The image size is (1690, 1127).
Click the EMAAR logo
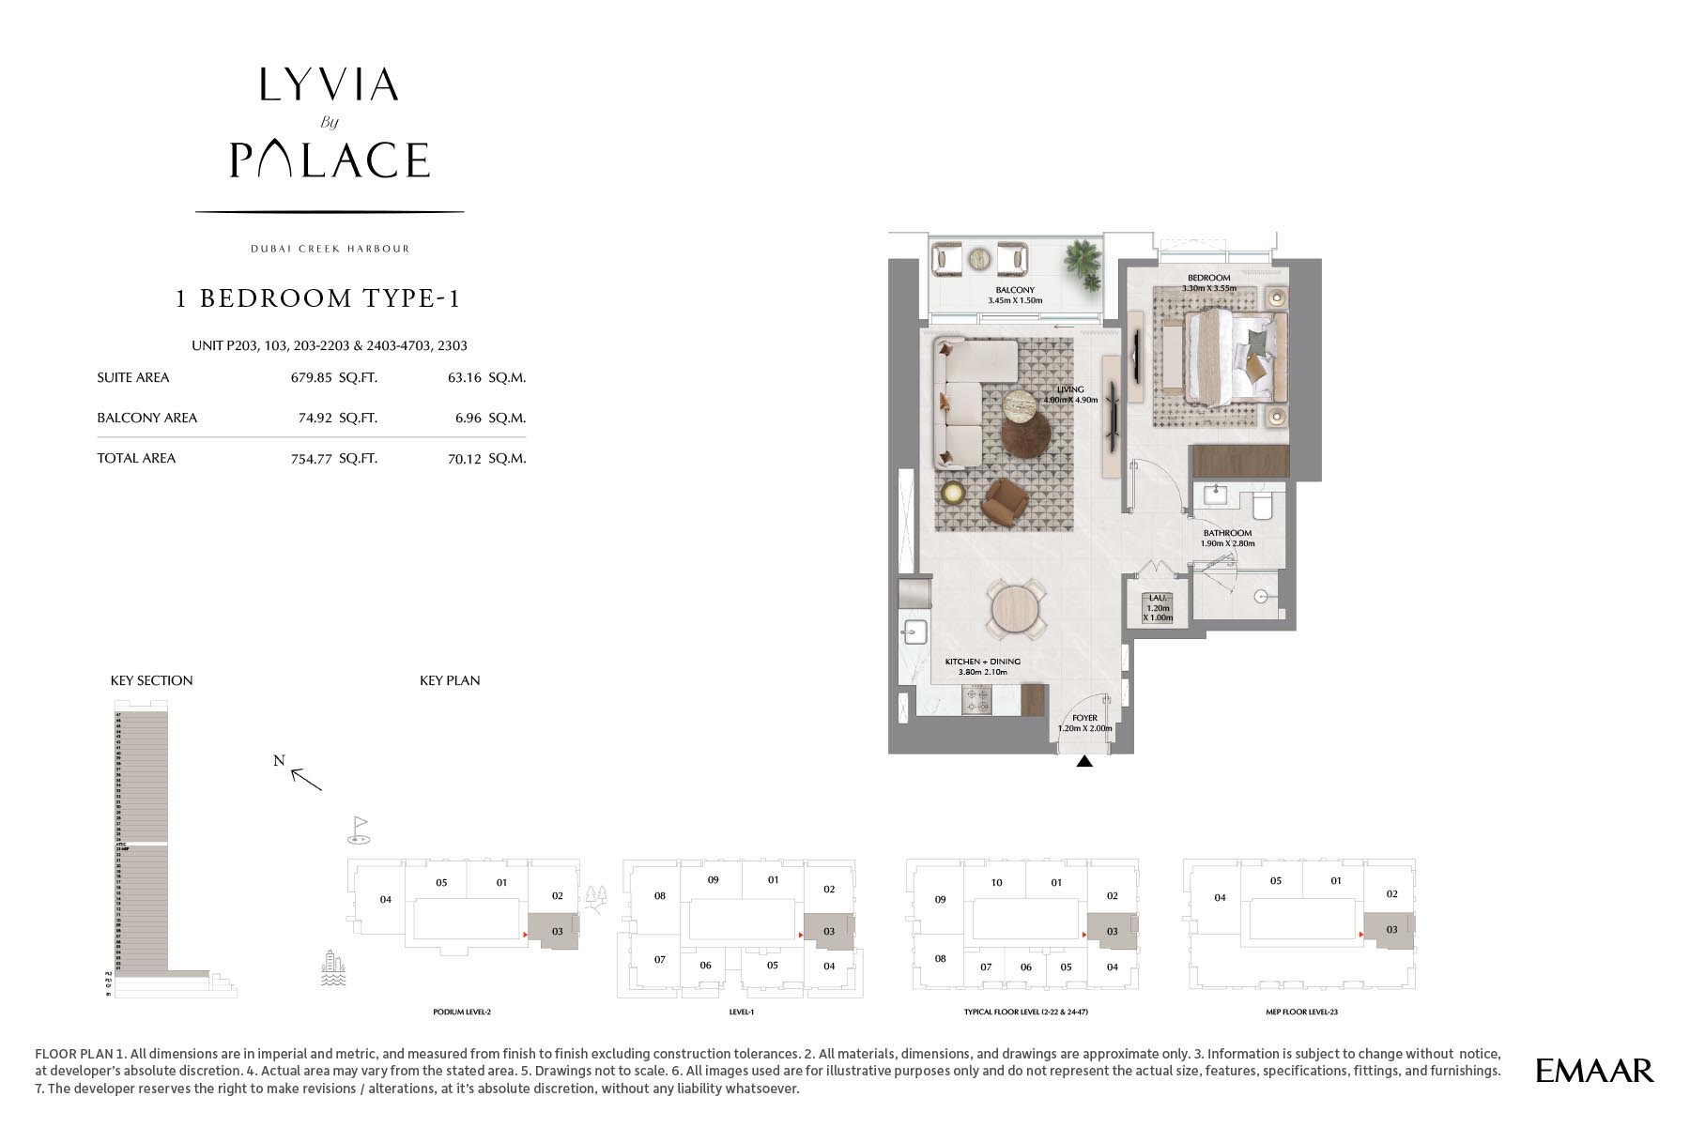point(1594,1070)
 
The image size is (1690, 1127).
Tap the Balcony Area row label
point(147,418)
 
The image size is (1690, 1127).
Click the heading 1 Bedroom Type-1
point(318,298)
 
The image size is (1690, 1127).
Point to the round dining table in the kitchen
point(1016,609)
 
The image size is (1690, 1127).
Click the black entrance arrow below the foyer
point(1084,762)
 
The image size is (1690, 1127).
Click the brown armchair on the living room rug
point(1004,502)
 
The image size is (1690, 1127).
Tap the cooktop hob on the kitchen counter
point(977,700)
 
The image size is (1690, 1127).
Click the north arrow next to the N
point(306,778)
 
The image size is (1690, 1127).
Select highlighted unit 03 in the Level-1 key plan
point(829,932)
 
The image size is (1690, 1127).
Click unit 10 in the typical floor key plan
point(996,882)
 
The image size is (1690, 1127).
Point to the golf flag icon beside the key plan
point(359,828)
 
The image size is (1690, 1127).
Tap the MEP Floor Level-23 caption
point(1300,1013)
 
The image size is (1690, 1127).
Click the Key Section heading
point(151,680)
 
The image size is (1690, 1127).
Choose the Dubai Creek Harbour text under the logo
point(330,249)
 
